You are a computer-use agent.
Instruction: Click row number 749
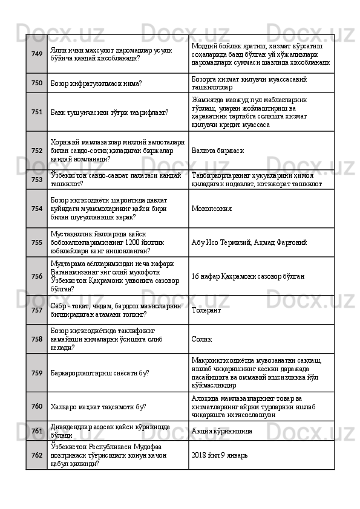36,54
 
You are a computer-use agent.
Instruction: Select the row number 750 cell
36,83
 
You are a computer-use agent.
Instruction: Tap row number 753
36,180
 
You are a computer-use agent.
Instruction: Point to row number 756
36,276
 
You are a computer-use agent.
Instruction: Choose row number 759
36,373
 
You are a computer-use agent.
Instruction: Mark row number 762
36,455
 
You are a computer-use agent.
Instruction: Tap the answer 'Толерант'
206,311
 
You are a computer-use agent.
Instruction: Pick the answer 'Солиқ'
201,340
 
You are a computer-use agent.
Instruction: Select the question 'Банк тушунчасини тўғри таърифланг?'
110,112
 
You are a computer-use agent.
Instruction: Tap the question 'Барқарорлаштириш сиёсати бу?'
100,374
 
